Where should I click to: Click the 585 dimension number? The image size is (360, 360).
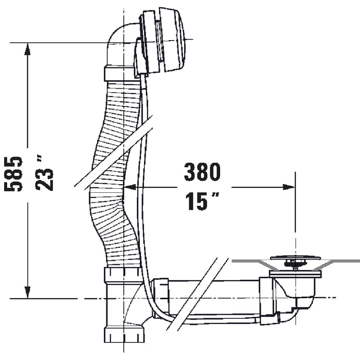[13, 174]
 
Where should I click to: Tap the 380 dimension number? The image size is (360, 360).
[202, 171]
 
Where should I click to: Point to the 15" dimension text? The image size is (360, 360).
[202, 201]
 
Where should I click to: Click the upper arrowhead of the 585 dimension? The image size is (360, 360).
[28, 49]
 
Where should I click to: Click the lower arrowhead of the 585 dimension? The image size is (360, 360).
[28, 292]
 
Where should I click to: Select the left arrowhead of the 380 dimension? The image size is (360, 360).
[130, 187]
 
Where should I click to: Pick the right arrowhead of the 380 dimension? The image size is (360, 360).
[289, 187]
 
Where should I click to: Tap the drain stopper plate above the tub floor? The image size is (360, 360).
[296, 258]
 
